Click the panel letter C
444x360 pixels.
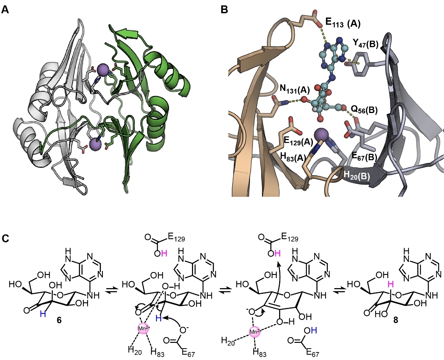(x=5, y=239)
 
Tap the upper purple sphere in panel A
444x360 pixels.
(x=103, y=70)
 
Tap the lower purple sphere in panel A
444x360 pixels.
(x=95, y=143)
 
